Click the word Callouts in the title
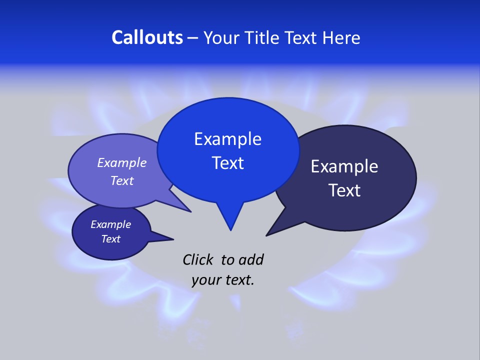pos(147,37)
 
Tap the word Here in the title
pos(342,37)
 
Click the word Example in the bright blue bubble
pos(227,139)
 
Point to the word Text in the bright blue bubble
pos(227,163)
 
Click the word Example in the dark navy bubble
pos(344,166)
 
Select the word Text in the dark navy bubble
pos(344,190)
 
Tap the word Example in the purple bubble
pos(122,163)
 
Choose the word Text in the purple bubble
pos(122,180)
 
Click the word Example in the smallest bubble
pos(110,224)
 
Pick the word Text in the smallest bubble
pos(110,239)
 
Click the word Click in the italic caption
pos(198,259)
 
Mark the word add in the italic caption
pos(251,259)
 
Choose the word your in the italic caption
pos(205,280)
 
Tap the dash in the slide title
pos(193,37)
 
